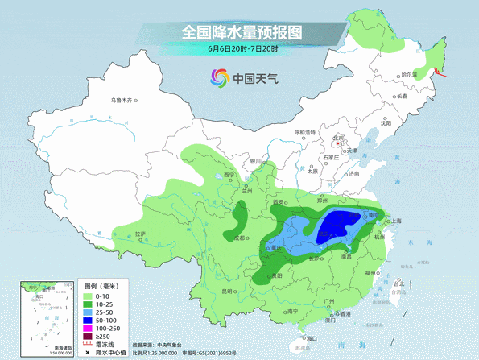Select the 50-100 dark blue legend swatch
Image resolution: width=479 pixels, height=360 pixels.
(x=89, y=321)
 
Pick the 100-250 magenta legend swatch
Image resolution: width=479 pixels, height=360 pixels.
(x=89, y=329)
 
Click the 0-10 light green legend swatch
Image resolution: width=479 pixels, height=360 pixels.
(x=89, y=296)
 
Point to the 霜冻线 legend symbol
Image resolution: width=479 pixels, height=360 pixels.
(x=89, y=345)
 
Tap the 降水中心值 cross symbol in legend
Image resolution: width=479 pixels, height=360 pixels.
(x=89, y=353)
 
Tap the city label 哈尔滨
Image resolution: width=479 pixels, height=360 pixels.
(x=409, y=74)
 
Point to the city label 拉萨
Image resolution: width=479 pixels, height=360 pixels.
(x=141, y=234)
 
